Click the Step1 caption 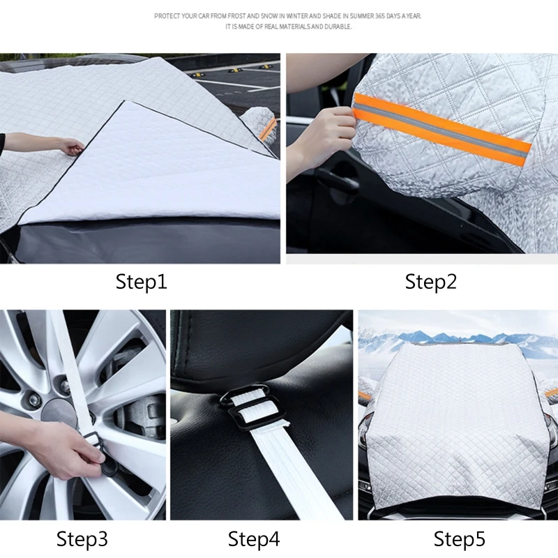142,282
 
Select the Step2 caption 430,282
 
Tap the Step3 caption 82,538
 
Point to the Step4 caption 254,538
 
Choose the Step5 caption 459,538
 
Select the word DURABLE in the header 339,27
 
